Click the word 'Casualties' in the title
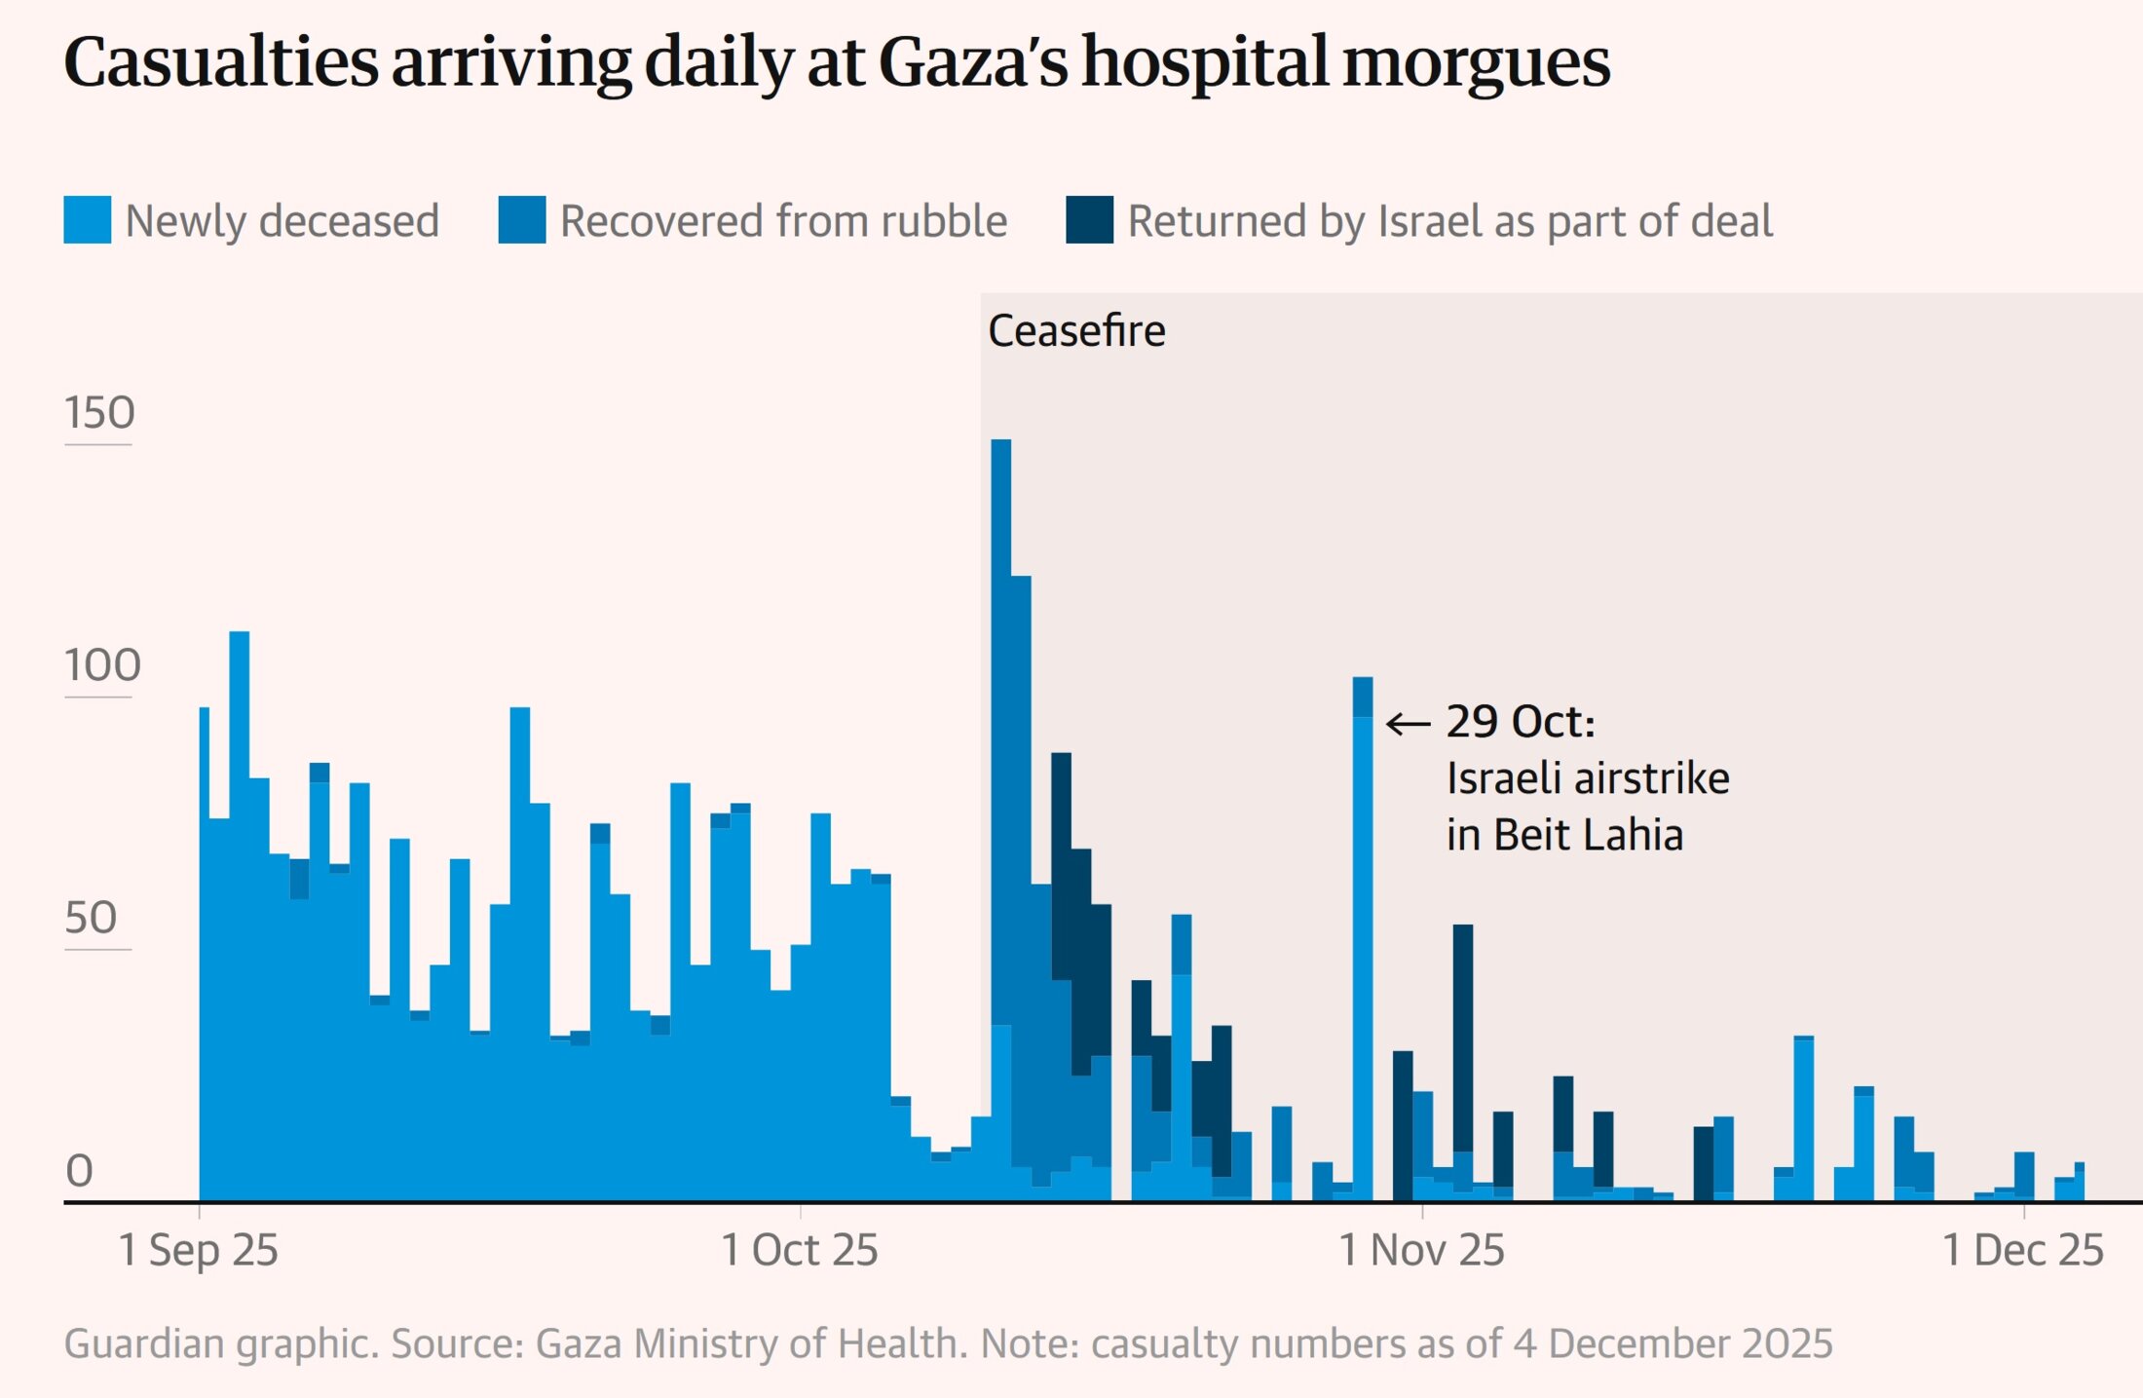tap(220, 62)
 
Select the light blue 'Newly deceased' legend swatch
tap(88, 220)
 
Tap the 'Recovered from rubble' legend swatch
tap(522, 220)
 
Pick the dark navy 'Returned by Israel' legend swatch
tap(1089, 220)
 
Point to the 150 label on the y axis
tap(99, 413)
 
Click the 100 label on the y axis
tap(102, 665)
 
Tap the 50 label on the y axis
tap(91, 918)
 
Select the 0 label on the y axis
tap(79, 1171)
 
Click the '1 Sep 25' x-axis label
tap(199, 1250)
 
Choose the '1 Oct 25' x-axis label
tap(800, 1250)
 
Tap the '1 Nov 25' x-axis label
tap(1422, 1250)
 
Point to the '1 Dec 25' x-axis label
tap(2023, 1250)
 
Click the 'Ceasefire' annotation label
tap(1076, 331)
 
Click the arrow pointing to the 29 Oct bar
tap(1409, 724)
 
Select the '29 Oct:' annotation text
tap(1521, 722)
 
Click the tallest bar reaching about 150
tap(1001, 779)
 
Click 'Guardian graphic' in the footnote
tap(220, 1343)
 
